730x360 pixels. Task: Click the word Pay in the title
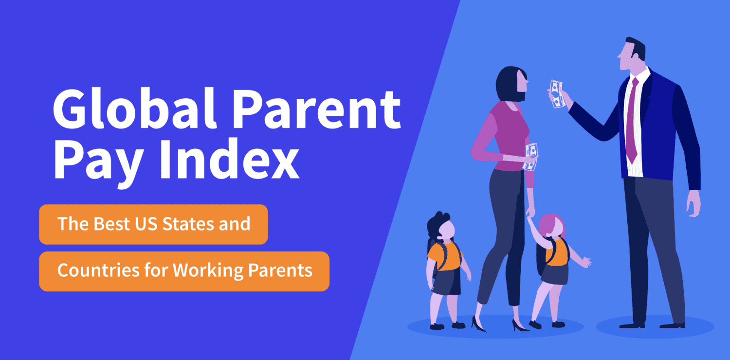(98, 163)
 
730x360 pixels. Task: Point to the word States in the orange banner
(188, 224)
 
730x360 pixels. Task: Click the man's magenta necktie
(633, 121)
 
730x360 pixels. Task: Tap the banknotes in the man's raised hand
(556, 94)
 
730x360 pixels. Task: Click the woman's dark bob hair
(509, 84)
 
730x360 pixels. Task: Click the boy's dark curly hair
(437, 225)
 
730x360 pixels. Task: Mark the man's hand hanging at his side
(694, 204)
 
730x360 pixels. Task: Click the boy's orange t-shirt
(445, 256)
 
